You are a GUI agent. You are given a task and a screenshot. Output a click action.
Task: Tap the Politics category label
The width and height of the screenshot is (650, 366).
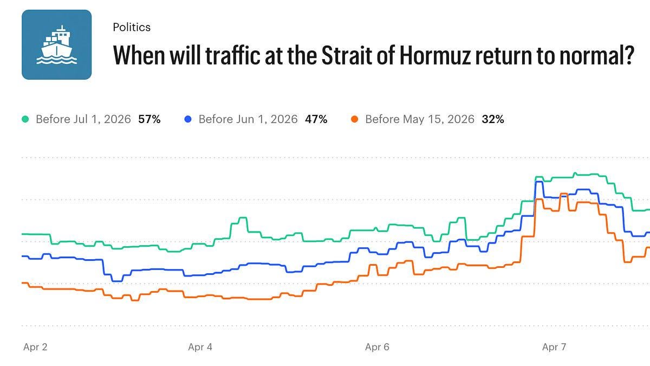[132, 27]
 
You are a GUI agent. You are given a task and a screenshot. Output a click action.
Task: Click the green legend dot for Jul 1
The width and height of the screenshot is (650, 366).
[25, 119]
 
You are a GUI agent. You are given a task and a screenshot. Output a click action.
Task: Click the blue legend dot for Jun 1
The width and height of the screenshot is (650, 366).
[188, 119]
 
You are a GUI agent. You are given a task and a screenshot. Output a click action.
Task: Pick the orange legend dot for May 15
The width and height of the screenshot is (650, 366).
[355, 119]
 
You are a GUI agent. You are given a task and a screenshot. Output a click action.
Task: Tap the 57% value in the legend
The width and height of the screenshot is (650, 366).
[149, 119]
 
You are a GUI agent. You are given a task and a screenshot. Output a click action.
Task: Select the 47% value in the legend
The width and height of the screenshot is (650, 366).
[316, 119]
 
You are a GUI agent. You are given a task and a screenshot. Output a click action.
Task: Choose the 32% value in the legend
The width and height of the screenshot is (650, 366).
[493, 119]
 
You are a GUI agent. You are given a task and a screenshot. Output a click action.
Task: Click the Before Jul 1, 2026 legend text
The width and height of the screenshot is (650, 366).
[83, 119]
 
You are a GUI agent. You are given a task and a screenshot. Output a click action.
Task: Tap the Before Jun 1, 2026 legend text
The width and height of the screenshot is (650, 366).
[248, 119]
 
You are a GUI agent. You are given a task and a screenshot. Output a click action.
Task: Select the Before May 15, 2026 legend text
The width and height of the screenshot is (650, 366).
[420, 119]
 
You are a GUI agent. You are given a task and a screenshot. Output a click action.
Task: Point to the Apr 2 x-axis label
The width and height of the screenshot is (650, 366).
[35, 347]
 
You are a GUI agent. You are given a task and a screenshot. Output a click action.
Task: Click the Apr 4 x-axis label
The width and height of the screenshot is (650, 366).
[200, 347]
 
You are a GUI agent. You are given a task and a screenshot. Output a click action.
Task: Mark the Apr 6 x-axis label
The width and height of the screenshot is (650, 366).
[377, 347]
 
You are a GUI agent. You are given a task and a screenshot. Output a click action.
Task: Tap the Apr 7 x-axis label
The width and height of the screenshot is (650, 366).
[554, 347]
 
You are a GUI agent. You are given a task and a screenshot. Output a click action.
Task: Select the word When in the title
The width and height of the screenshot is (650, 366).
[135, 55]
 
